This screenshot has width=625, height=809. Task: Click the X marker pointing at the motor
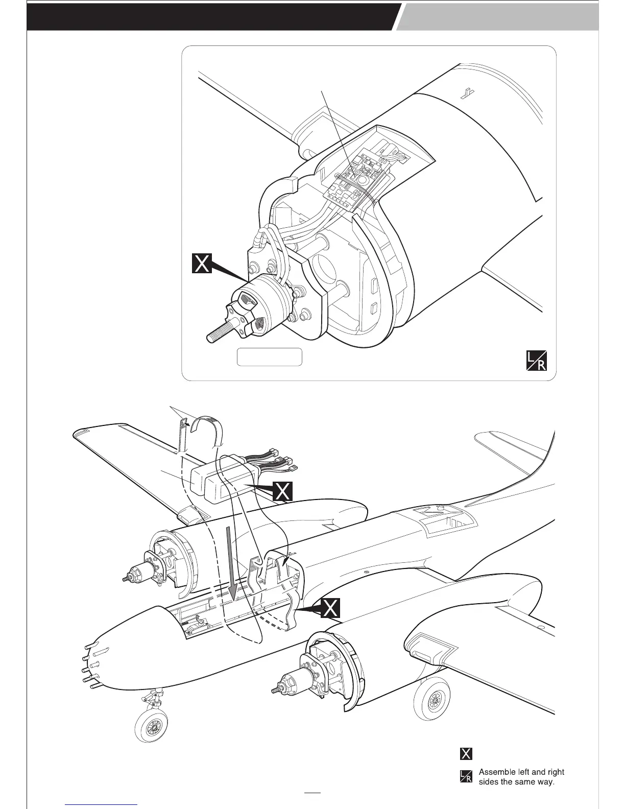pos(203,264)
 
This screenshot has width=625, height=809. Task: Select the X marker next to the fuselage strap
pos(331,608)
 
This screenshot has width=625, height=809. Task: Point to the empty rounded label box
pos(270,357)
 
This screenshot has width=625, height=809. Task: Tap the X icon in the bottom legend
pos(466,753)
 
